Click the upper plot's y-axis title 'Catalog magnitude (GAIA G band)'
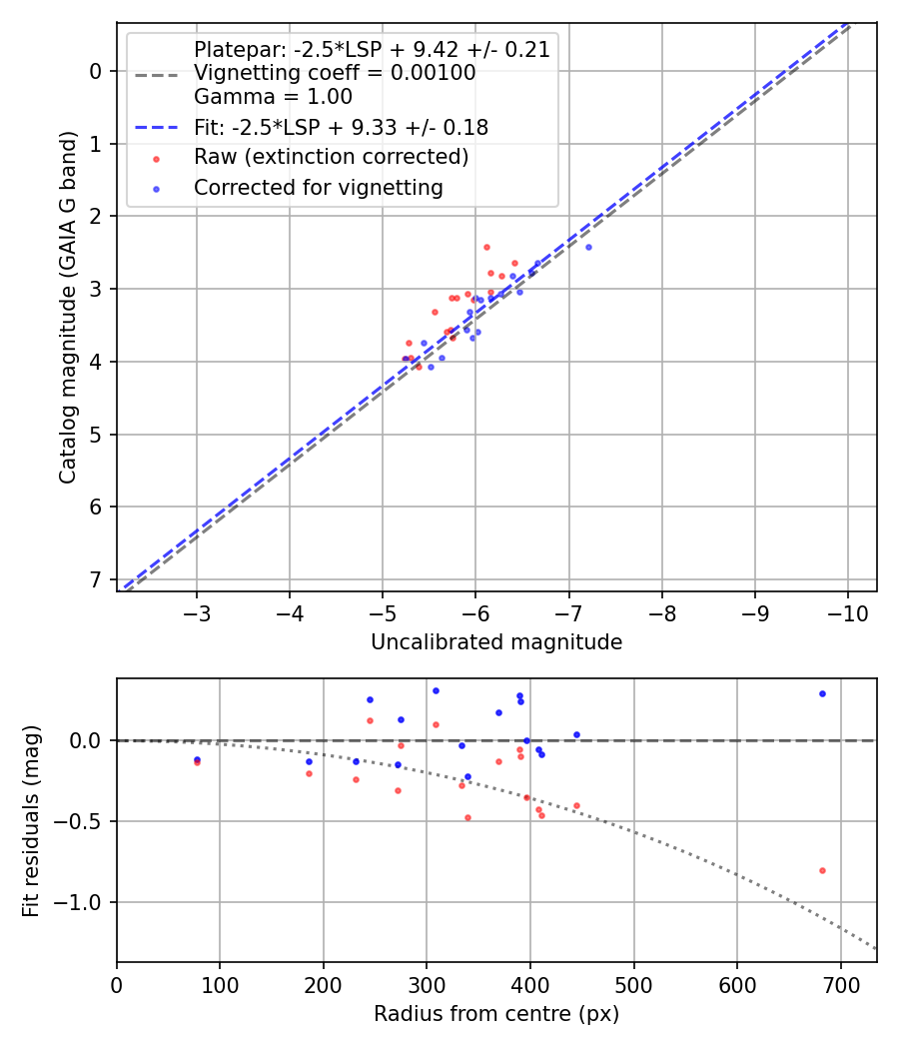[67, 306]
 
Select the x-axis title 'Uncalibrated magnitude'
[496, 642]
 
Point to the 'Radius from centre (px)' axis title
[496, 1014]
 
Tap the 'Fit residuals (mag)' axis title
[31, 820]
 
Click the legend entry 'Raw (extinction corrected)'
[331, 157]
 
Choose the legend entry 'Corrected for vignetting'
[318, 187]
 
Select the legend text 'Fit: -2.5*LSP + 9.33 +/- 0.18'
[341, 127]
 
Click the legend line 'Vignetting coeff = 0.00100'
[335, 73]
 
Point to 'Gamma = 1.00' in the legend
[273, 97]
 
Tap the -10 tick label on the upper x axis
[848, 610]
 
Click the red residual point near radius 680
[822, 870]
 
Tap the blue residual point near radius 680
[822, 693]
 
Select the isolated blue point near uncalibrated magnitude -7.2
[588, 247]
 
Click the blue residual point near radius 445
[576, 734]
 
